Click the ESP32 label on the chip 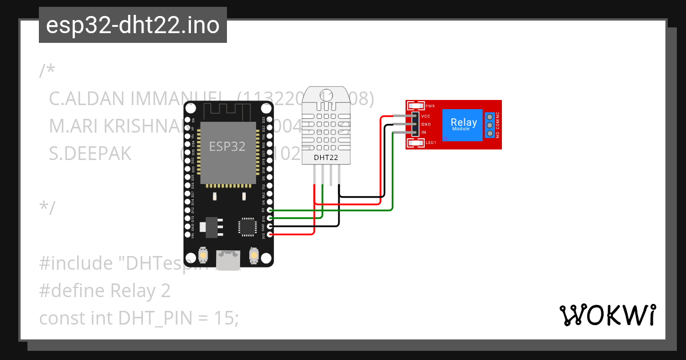227,146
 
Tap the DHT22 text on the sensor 326,157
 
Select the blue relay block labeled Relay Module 464,124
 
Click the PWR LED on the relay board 416,106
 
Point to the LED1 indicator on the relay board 416,142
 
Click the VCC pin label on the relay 425,116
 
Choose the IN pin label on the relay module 424,133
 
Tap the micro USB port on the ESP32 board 228,261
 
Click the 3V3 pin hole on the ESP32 270,234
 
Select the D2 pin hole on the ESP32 270,210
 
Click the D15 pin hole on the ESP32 270,218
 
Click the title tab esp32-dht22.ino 133,25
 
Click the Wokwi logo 607,315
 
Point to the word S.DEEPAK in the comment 90,154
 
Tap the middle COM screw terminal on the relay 490,125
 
